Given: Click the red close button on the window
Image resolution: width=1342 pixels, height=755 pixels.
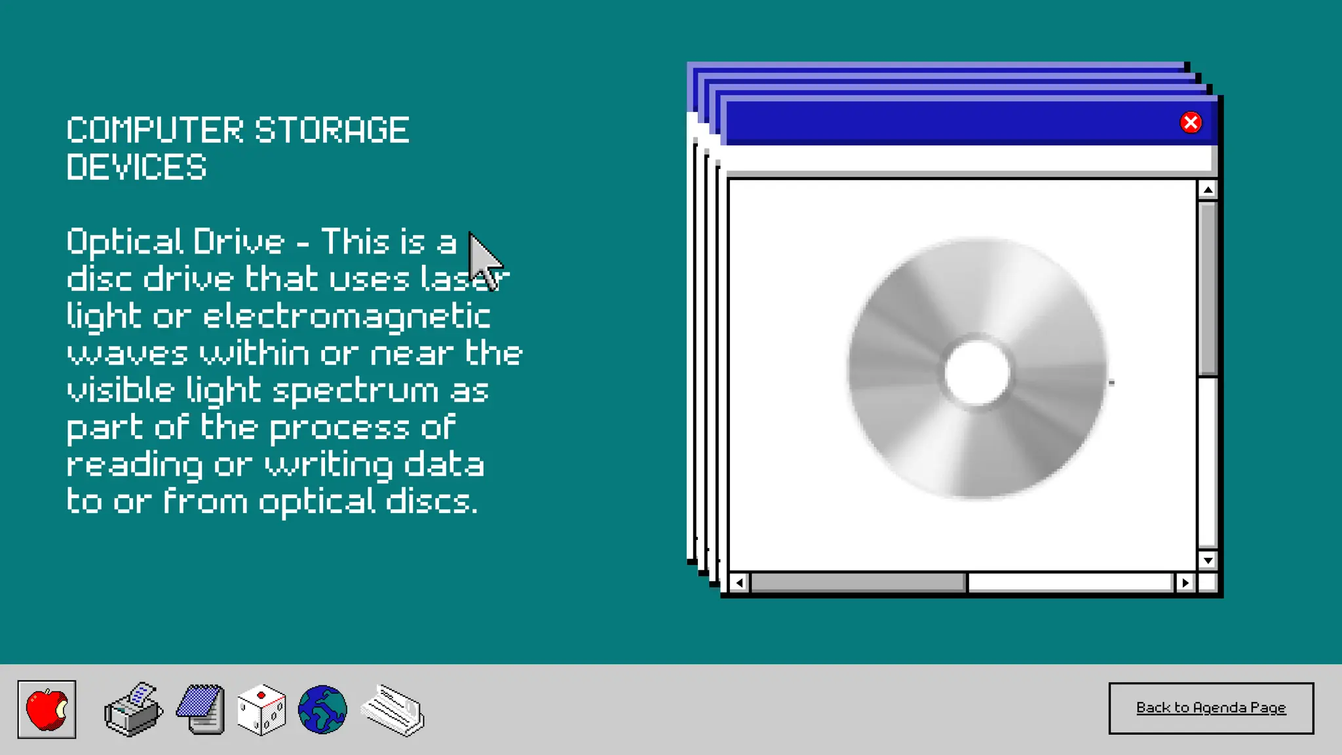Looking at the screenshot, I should (x=1191, y=123).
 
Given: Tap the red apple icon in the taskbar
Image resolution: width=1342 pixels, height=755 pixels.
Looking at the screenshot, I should (x=47, y=709).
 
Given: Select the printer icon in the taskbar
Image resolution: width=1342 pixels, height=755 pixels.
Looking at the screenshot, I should (x=133, y=710).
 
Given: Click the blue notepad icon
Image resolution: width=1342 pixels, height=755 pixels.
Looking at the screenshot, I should (x=201, y=709).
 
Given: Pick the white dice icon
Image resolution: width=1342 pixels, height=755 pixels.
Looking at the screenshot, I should (x=261, y=710).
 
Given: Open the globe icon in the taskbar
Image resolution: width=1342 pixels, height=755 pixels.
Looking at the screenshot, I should (x=322, y=709).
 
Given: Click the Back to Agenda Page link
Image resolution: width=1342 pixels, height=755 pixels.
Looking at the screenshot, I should (x=1211, y=708).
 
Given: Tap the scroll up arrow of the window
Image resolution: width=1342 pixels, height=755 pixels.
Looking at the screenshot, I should (x=1208, y=190).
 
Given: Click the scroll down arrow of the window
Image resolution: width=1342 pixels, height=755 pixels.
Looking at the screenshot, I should (x=1208, y=560).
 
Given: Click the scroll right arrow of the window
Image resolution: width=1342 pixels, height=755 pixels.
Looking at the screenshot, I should (x=1185, y=583).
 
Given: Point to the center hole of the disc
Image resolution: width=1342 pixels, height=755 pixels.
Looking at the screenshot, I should (x=977, y=372).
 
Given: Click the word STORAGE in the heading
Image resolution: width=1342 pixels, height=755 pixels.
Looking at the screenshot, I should (x=332, y=130).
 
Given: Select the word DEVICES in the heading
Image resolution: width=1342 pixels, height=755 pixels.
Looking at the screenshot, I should (x=136, y=167).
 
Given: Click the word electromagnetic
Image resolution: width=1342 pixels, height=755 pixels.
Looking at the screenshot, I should (x=347, y=317).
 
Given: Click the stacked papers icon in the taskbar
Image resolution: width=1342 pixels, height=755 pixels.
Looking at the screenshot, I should (x=393, y=710).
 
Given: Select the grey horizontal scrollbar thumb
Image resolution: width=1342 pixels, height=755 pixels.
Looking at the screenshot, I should (x=858, y=583).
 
